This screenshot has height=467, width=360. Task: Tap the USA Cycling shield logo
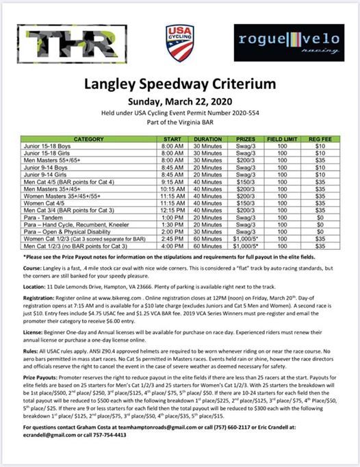click(180, 42)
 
